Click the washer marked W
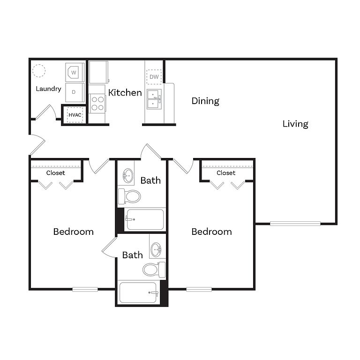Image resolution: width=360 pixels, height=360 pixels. (x=75, y=73)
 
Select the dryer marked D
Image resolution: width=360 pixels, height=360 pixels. (x=75, y=92)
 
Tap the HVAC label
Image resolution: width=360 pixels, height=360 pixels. (x=75, y=115)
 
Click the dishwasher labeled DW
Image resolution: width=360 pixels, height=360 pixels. (x=154, y=77)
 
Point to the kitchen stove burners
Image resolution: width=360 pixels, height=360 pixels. (x=97, y=103)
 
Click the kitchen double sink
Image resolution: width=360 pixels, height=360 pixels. (x=154, y=99)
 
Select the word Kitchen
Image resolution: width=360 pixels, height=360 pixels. (x=125, y=92)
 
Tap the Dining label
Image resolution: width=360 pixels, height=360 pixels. (x=205, y=101)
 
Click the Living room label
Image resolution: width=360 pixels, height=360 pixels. (x=295, y=124)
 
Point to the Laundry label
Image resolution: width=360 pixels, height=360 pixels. (x=48, y=89)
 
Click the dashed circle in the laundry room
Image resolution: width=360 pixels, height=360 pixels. (x=39, y=70)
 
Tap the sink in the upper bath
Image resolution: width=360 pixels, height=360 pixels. (x=128, y=176)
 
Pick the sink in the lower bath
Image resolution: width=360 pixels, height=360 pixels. (x=157, y=249)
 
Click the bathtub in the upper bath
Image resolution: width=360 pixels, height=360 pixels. (x=145, y=219)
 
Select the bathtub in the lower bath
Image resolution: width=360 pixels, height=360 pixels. (x=138, y=292)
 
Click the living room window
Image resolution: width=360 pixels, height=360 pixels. (x=295, y=224)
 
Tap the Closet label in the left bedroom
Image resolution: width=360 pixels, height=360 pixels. (x=56, y=173)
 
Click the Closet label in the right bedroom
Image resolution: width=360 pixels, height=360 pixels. (x=226, y=173)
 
